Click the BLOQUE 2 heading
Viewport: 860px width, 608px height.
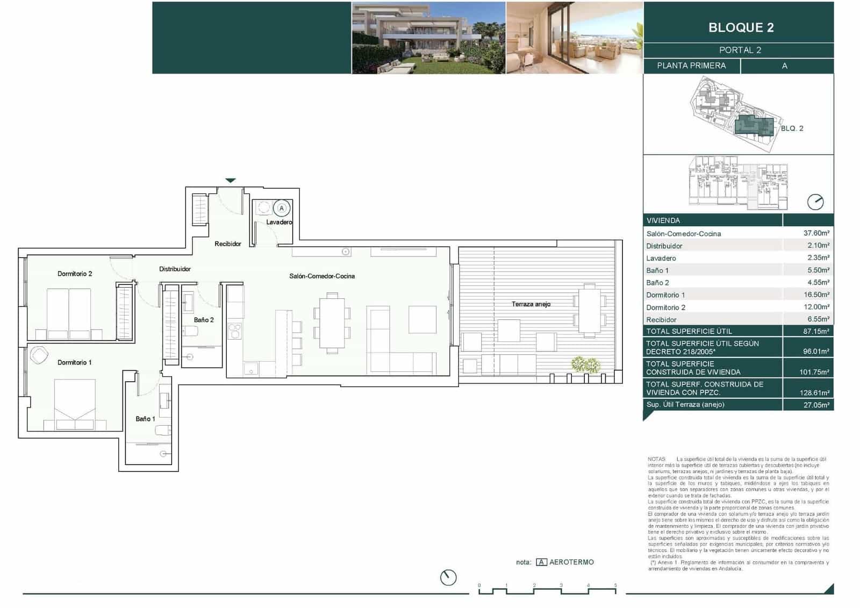coord(741,27)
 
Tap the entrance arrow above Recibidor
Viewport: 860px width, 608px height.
coord(231,181)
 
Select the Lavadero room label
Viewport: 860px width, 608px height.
coord(279,222)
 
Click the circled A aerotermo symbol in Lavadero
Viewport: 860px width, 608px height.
coord(281,208)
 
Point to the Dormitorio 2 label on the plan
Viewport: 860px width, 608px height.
coord(75,274)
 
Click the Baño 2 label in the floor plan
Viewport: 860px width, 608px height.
coord(204,320)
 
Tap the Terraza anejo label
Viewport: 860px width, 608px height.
coord(531,304)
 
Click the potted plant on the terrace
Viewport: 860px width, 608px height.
coord(585,365)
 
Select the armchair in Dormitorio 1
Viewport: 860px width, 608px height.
coord(39,355)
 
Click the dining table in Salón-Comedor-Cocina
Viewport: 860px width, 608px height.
coord(332,323)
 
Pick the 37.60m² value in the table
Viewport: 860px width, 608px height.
coord(816,233)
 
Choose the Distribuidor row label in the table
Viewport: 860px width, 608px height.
coord(664,246)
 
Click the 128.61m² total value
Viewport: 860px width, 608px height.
coord(814,392)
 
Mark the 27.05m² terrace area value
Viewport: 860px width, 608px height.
coord(816,405)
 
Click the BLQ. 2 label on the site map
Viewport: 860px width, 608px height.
coord(792,128)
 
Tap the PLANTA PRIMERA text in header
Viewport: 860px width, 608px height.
coord(691,66)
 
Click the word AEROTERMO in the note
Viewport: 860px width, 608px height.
coord(571,562)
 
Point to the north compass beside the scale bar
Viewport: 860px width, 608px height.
coord(448,577)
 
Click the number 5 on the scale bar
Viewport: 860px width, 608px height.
coord(615,585)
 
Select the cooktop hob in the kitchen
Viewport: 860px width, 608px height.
coord(235,331)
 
